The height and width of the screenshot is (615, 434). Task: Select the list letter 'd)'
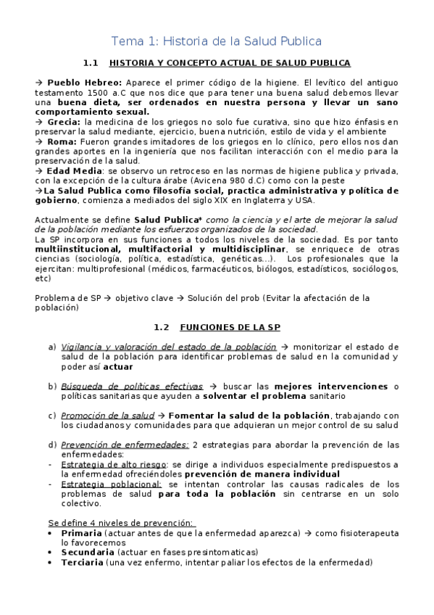click(52, 445)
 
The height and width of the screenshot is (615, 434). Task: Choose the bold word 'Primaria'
click(81, 533)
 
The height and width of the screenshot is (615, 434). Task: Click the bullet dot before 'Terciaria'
click(49, 562)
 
